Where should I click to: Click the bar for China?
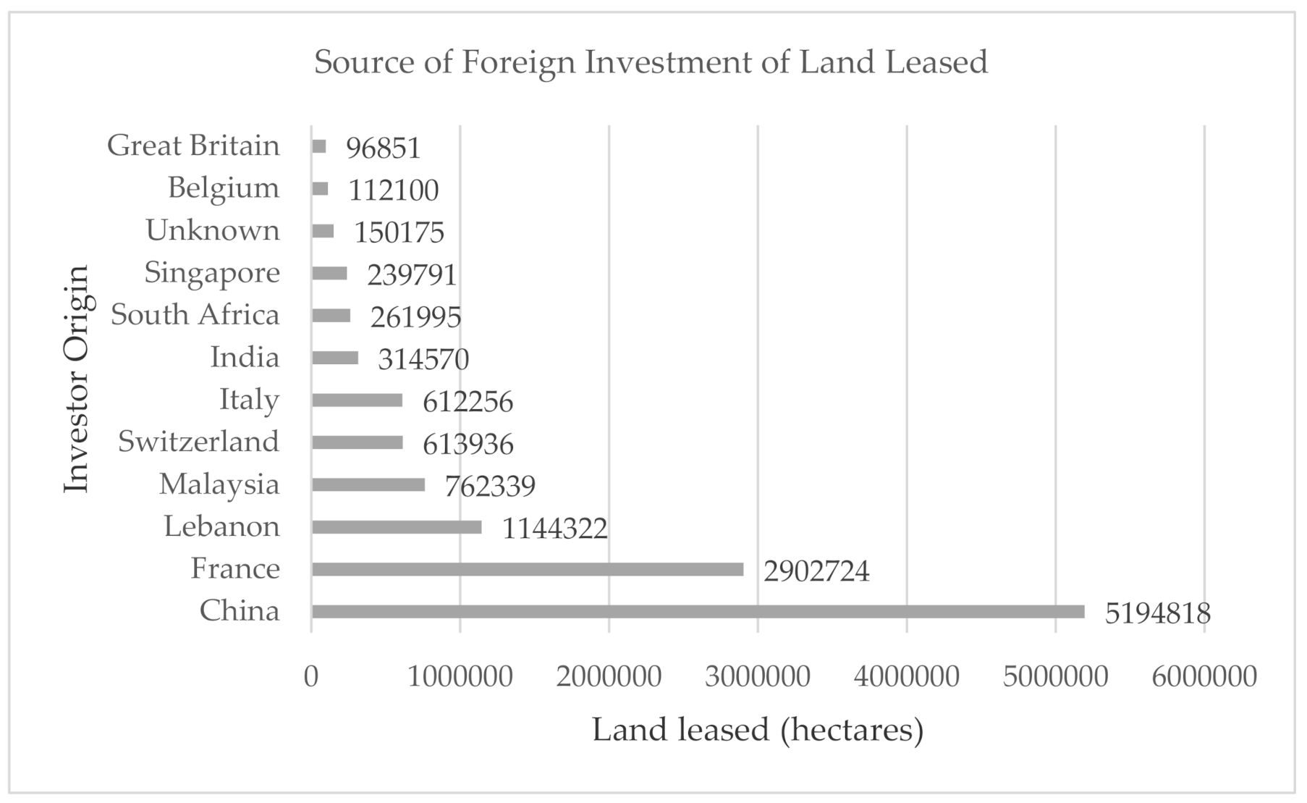[x=698, y=612]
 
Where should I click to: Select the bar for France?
[x=528, y=570]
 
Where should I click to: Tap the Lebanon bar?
[x=397, y=527]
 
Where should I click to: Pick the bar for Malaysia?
[x=368, y=485]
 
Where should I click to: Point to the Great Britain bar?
[x=319, y=147]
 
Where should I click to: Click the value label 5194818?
[x=1157, y=614]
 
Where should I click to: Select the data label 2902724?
[x=816, y=572]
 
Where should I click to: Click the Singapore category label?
[x=212, y=273]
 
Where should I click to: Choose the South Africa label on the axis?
[x=195, y=315]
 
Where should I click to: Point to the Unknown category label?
[x=213, y=231]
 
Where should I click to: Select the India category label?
[x=245, y=358]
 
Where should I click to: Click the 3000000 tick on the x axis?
[x=758, y=676]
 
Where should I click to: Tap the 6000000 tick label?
[x=1204, y=676]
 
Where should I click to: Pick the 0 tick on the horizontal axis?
[x=311, y=676]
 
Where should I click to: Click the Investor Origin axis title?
[x=76, y=378]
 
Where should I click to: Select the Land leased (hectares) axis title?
[x=758, y=730]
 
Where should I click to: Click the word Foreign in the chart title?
[x=518, y=63]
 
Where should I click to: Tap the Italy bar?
[x=357, y=400]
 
